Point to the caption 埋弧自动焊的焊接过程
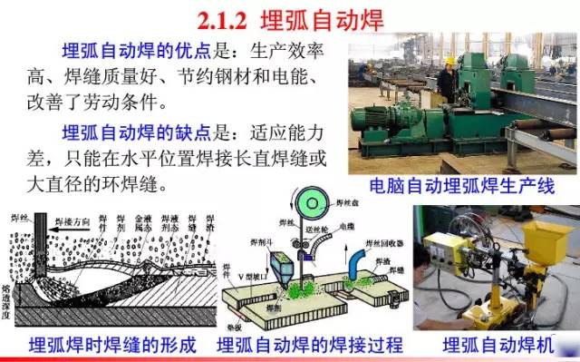click(x=309, y=347)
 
